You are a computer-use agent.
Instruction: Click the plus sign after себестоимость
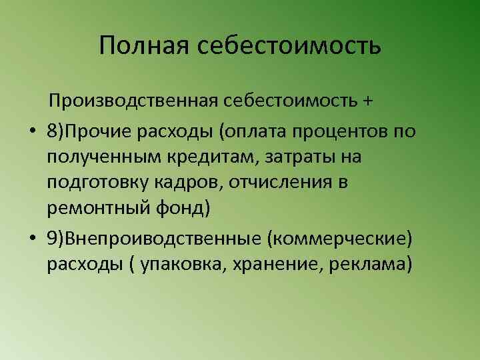[x=368, y=102]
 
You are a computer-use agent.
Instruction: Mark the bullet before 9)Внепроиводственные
[x=31, y=238]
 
